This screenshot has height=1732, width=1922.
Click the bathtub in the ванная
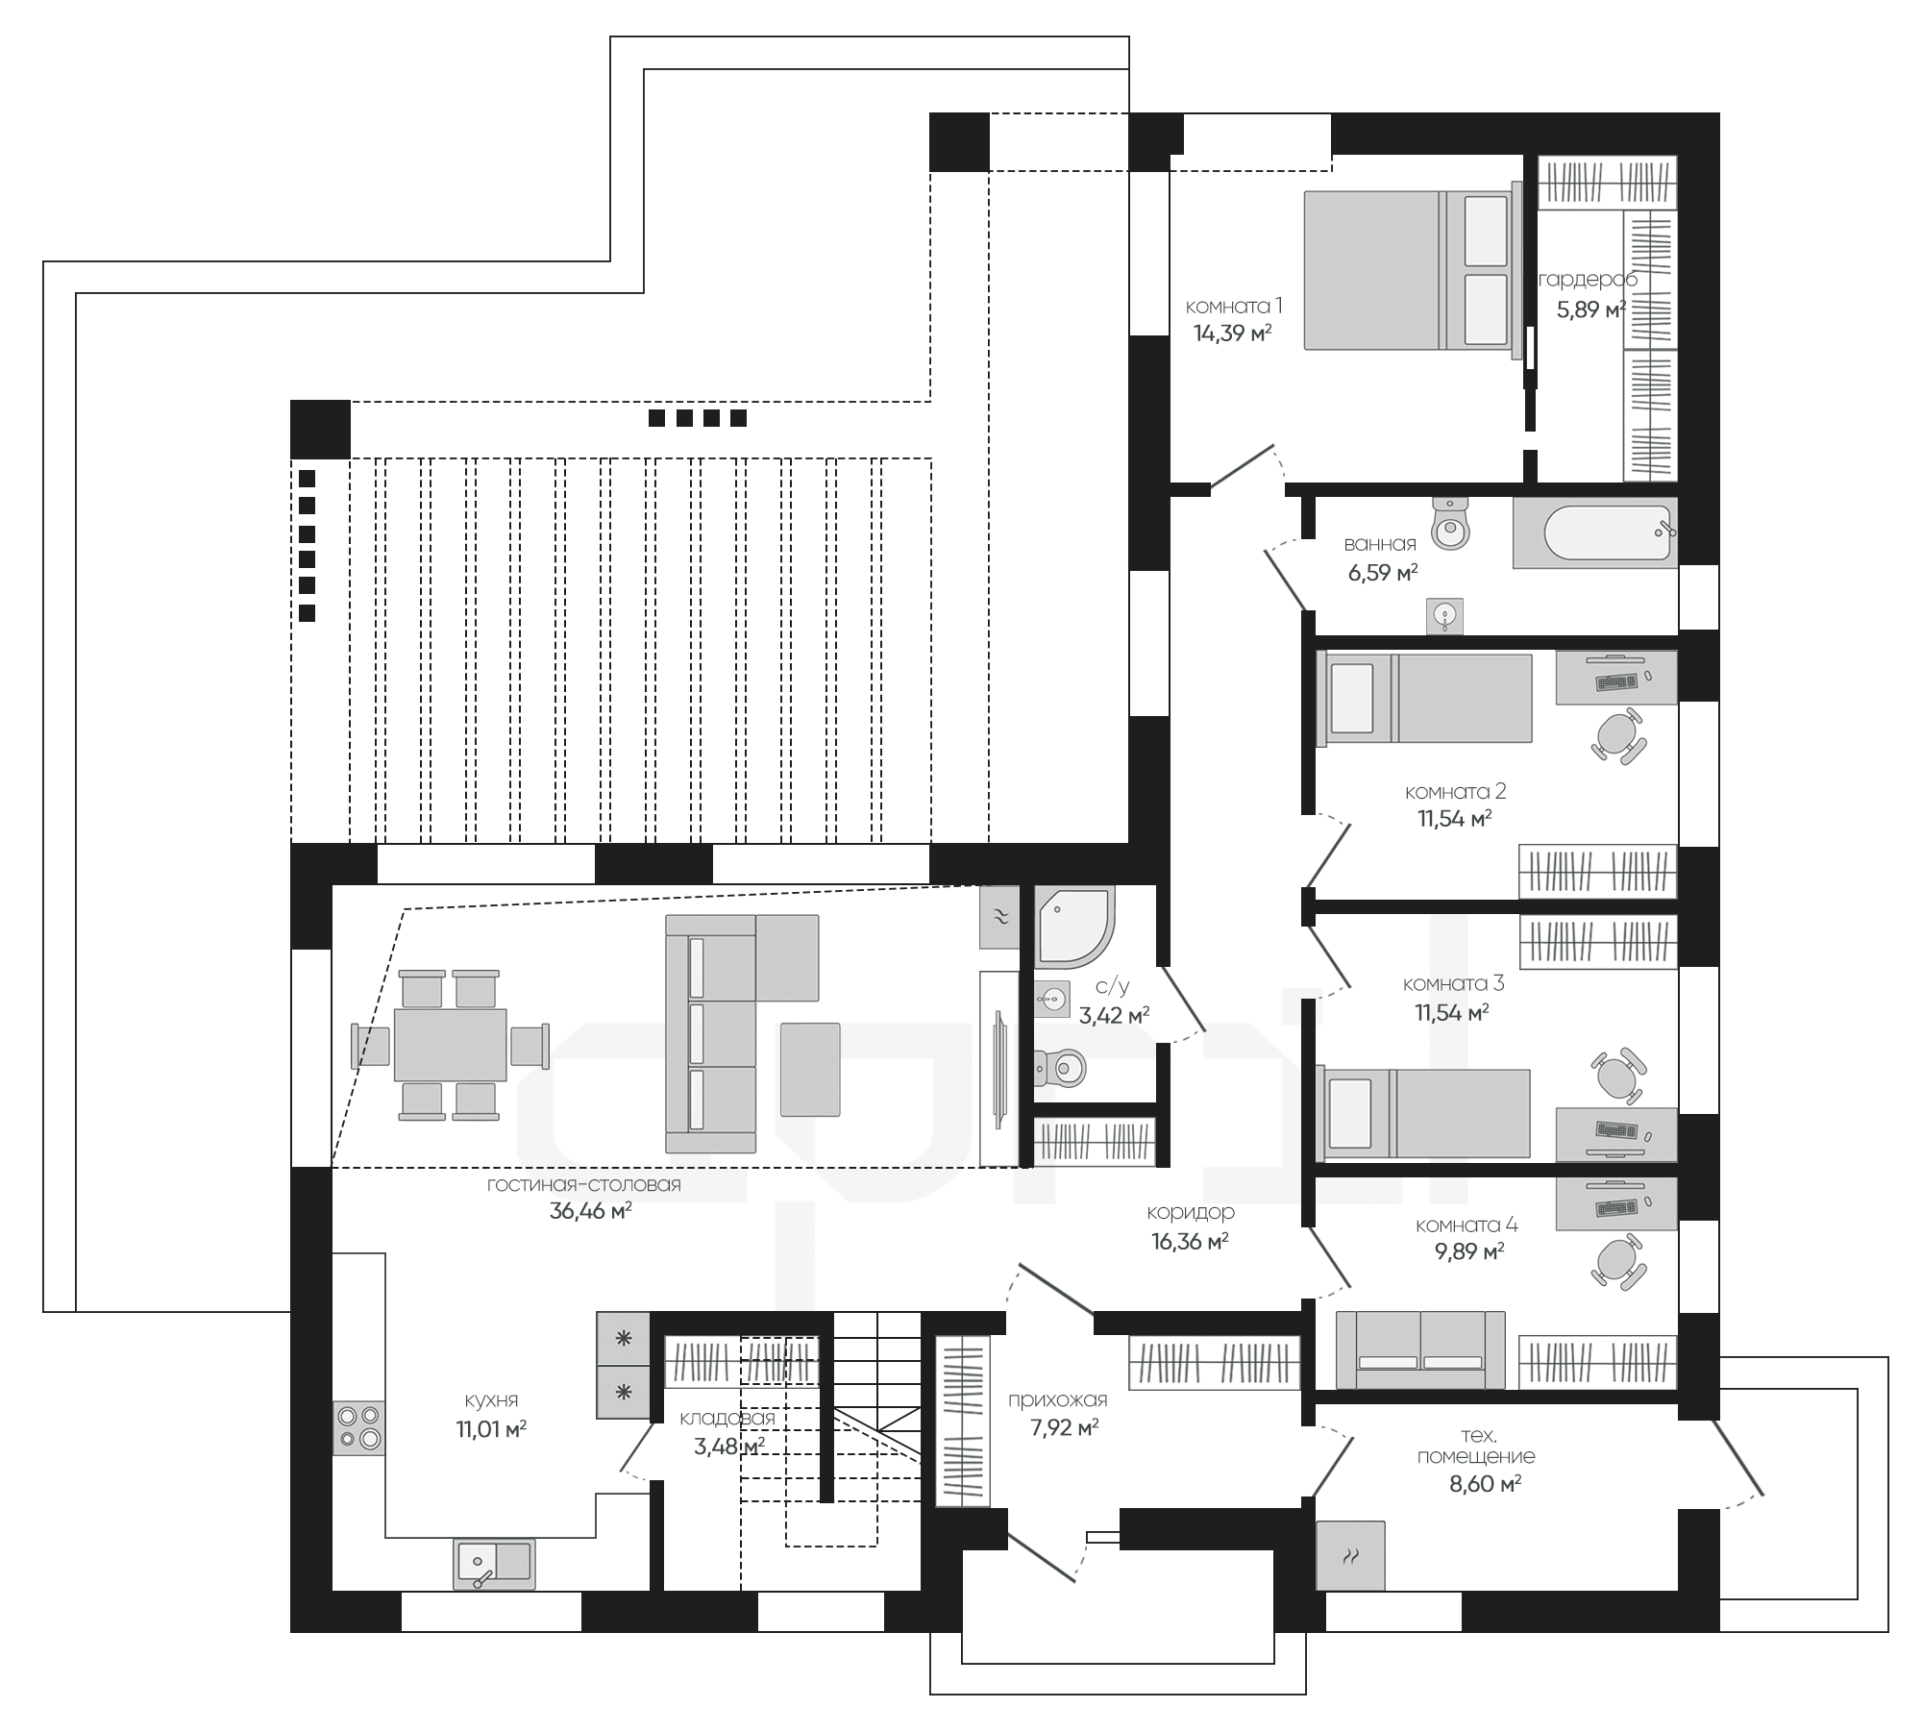1595,532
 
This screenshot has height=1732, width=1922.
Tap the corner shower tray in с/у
1074,927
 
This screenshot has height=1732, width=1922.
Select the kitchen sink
494,1563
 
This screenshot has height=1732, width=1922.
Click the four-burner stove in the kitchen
358,1427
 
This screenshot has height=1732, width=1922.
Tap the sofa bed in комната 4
1420,1349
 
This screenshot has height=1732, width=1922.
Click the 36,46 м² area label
590,1211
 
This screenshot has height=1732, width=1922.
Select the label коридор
1190,1213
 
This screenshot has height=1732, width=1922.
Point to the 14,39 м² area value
1233,334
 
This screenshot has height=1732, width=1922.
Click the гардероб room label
1588,280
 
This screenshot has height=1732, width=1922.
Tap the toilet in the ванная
1450,524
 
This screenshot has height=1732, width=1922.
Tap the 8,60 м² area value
1485,1484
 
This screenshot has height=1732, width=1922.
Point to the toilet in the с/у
1059,1066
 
